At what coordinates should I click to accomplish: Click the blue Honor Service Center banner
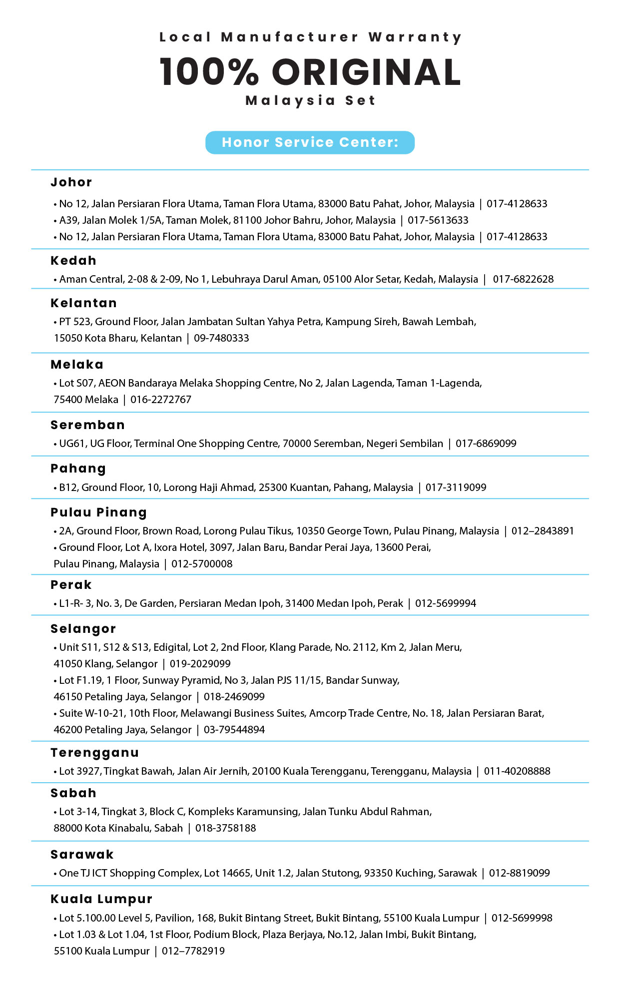310,142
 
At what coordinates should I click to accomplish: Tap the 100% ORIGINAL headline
310,72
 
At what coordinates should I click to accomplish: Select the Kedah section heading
73,261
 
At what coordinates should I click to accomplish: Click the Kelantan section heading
84,303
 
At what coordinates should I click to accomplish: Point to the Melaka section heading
77,365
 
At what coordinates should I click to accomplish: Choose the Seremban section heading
88,425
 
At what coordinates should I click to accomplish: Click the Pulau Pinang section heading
99,512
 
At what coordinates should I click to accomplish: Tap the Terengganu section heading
95,753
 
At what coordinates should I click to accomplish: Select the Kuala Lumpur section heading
101,899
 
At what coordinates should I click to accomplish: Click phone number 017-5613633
438,220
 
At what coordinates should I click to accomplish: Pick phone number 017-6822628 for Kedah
523,279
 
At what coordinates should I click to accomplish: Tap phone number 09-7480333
221,338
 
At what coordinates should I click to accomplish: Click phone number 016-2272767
161,400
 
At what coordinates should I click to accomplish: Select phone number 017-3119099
456,488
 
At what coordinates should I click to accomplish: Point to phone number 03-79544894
234,730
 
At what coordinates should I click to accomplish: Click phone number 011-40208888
517,771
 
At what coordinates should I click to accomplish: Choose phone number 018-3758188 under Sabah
225,828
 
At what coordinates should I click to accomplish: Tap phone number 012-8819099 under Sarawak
519,873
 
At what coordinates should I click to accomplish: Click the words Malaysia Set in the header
310,101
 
